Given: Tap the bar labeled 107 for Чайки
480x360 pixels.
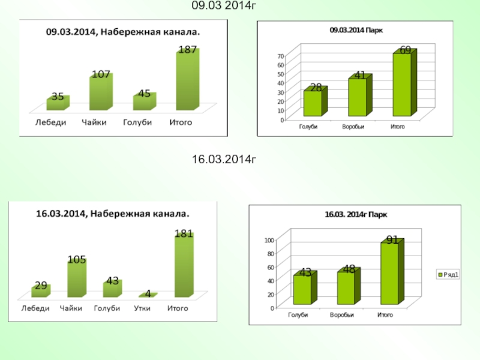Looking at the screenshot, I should [x=100, y=93].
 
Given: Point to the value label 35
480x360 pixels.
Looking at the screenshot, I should [x=58, y=96].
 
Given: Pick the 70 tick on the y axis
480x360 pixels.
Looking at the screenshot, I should [x=280, y=56].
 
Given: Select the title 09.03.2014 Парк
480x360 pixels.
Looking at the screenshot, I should [x=357, y=29].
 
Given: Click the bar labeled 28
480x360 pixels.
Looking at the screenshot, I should [x=313, y=103].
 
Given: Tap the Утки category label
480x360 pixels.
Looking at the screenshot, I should [x=142, y=308].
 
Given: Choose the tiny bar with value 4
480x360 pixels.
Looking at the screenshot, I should [x=147, y=295].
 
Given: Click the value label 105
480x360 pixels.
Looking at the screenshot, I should [x=76, y=260].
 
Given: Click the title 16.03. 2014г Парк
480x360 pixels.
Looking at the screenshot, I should [x=356, y=214].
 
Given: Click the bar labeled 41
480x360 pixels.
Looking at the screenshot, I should [x=357, y=97].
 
